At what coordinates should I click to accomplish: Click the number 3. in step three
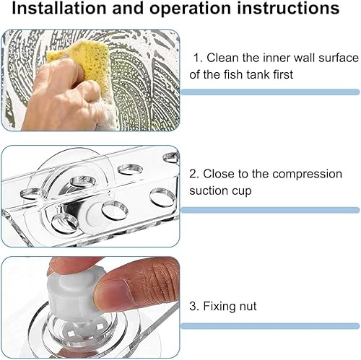193,307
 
